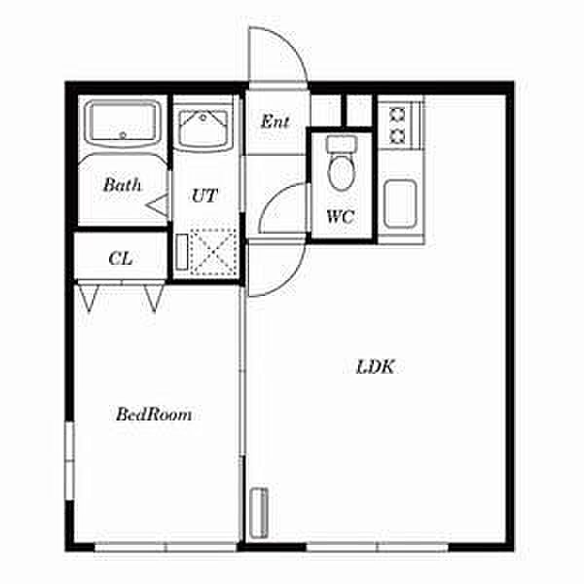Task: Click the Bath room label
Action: pyautogui.click(x=123, y=184)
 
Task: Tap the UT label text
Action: pyautogui.click(x=203, y=195)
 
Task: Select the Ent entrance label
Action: pyautogui.click(x=275, y=122)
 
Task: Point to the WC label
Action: pyautogui.click(x=339, y=217)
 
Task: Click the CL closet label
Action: pyautogui.click(x=121, y=258)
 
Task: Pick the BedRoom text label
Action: pyautogui.click(x=154, y=415)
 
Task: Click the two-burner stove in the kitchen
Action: pyautogui.click(x=397, y=125)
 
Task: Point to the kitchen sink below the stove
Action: pyautogui.click(x=400, y=203)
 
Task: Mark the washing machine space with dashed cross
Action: pyautogui.click(x=213, y=250)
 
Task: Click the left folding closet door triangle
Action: pyautogui.click(x=90, y=296)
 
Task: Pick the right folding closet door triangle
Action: pyautogui.click(x=153, y=296)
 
